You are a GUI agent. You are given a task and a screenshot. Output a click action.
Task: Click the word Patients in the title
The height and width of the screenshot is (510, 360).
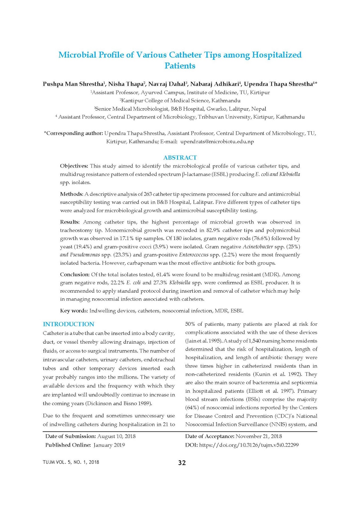pyautogui.click(x=180, y=66)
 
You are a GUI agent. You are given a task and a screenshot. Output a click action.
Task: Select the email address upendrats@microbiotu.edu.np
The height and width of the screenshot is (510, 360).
pyautogui.click(x=217, y=142)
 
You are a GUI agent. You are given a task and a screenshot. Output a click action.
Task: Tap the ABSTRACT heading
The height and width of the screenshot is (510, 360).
pyautogui.click(x=180, y=157)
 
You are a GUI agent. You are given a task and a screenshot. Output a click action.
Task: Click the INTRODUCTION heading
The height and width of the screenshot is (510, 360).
pyautogui.click(x=68, y=324)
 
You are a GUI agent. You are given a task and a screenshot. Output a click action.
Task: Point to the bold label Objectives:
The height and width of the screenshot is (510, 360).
pyautogui.click(x=74, y=166)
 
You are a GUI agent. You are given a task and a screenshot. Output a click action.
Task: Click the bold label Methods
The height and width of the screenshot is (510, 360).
pyautogui.click(x=71, y=194)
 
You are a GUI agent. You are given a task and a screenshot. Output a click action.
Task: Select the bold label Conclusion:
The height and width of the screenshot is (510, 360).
pyautogui.click(x=75, y=274)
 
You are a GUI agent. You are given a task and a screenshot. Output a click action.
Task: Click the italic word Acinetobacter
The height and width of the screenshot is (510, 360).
pyautogui.click(x=258, y=247)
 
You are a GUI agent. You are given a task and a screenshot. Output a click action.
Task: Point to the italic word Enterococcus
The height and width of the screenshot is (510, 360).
pyautogui.click(x=194, y=255)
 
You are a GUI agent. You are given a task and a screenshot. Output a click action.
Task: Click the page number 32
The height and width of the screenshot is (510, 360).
pyautogui.click(x=182, y=463)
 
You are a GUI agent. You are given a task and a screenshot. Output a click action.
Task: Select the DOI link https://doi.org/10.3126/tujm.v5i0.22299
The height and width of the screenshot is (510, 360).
pyautogui.click(x=249, y=445)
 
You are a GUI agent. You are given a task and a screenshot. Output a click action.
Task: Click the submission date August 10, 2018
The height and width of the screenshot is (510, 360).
pyautogui.click(x=116, y=436)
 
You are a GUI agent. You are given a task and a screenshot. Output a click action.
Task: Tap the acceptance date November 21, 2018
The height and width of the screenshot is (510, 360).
pyautogui.click(x=259, y=436)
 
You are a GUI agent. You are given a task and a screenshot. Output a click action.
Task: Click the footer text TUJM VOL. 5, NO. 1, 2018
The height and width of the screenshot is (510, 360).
pyautogui.click(x=71, y=462)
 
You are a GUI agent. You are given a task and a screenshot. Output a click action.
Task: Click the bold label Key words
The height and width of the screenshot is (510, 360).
pyautogui.click(x=73, y=311)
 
